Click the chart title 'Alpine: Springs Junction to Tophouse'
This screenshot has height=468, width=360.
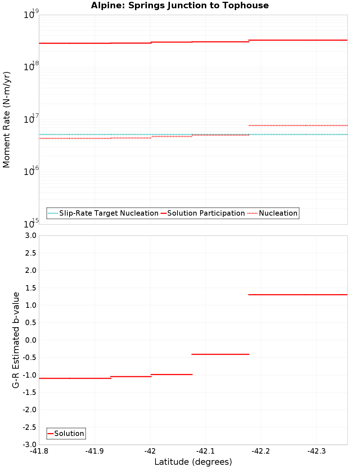click(x=180, y=5)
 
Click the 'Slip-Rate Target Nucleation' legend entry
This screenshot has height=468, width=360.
click(x=108, y=213)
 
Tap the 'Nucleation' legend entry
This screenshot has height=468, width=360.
click(x=278, y=213)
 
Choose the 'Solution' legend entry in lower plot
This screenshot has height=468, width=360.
click(x=69, y=433)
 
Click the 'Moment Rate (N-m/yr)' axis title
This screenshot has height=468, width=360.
click(x=6, y=120)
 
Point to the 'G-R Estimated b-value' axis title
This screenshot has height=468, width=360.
click(x=16, y=340)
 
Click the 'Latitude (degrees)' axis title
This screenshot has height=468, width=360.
click(x=193, y=462)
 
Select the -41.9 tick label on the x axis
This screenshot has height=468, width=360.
click(x=95, y=451)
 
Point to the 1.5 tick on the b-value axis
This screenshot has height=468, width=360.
click(x=31, y=288)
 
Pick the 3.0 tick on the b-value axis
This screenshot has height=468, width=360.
click(x=31, y=235)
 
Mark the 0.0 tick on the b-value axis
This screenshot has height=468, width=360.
click(x=31, y=340)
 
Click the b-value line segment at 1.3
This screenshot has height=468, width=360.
click(x=298, y=294)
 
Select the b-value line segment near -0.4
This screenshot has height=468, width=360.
click(x=220, y=354)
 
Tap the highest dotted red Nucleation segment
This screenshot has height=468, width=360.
click(x=298, y=125)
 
